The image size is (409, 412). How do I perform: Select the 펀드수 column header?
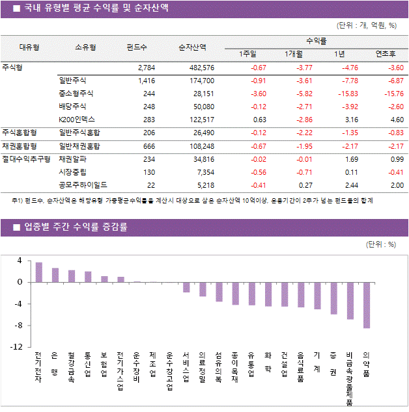(137, 47)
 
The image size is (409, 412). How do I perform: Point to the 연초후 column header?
(381, 53)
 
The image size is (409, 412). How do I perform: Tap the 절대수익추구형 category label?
(26, 159)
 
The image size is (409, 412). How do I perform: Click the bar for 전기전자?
(39, 272)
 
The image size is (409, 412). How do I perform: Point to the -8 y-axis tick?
(18, 325)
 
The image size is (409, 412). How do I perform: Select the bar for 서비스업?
(186, 287)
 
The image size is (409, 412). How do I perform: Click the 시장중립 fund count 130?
(148, 172)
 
